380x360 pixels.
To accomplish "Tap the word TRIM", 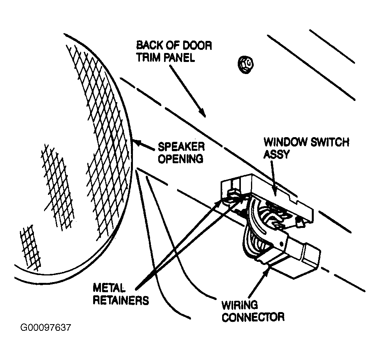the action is (x=148, y=58).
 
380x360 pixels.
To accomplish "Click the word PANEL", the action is (x=179, y=58).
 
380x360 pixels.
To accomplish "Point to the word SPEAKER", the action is (x=181, y=147).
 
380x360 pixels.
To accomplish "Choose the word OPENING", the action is (x=180, y=159).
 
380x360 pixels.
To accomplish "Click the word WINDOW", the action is (x=285, y=142).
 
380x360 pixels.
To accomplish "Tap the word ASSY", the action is (x=276, y=154).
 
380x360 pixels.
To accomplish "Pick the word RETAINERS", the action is (x=121, y=300).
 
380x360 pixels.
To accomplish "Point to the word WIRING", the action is (x=240, y=305).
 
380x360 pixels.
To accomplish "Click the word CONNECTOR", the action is (x=253, y=317).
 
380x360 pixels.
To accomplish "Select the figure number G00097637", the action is (x=46, y=328).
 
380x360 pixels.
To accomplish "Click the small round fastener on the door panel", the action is (x=246, y=65).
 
